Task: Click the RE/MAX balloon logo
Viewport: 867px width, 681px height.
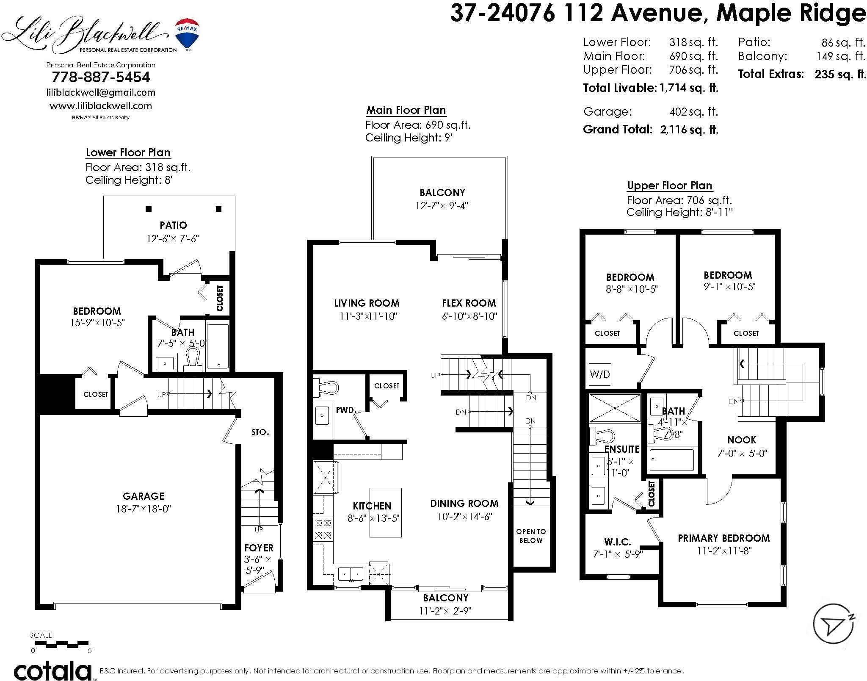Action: click(x=188, y=34)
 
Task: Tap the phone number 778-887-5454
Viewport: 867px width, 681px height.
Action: click(x=101, y=77)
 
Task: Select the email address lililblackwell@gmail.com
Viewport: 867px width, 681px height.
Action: click(x=101, y=92)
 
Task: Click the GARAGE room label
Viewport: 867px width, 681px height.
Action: click(x=144, y=496)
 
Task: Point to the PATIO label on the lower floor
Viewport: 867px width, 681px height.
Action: click(x=173, y=225)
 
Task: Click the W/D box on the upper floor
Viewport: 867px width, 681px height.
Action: click(x=600, y=374)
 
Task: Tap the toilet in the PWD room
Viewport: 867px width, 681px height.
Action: click(x=326, y=387)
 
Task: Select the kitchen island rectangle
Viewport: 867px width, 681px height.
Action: click(x=386, y=512)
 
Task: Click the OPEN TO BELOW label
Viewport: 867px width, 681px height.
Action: click(x=531, y=536)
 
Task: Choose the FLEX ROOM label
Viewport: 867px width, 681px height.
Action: click(x=469, y=303)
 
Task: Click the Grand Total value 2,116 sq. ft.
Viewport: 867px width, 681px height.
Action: click(x=689, y=130)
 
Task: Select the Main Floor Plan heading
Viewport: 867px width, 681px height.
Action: click(x=406, y=110)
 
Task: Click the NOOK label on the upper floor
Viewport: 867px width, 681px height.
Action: click(x=742, y=440)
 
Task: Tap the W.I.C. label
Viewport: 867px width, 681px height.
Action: click(x=618, y=542)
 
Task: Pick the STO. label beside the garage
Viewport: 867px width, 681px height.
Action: click(x=260, y=432)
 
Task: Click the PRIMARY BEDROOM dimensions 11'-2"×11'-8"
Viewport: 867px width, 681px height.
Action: click(x=724, y=551)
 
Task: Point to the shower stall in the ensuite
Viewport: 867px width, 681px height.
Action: click(x=615, y=408)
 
